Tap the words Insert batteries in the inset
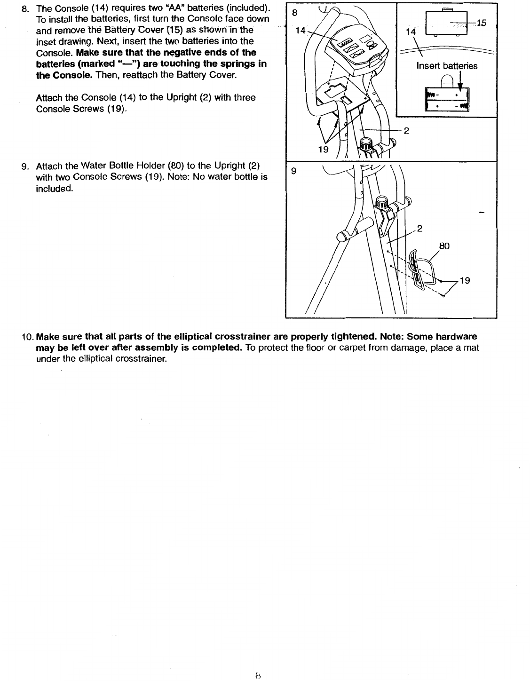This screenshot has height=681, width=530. click(x=447, y=66)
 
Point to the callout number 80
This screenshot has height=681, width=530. click(x=444, y=245)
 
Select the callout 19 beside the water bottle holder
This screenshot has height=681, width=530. click(x=465, y=281)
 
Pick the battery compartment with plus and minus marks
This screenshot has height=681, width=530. click(x=445, y=100)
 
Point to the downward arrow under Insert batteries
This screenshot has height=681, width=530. click(x=460, y=88)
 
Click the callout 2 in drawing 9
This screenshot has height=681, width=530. click(x=420, y=229)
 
